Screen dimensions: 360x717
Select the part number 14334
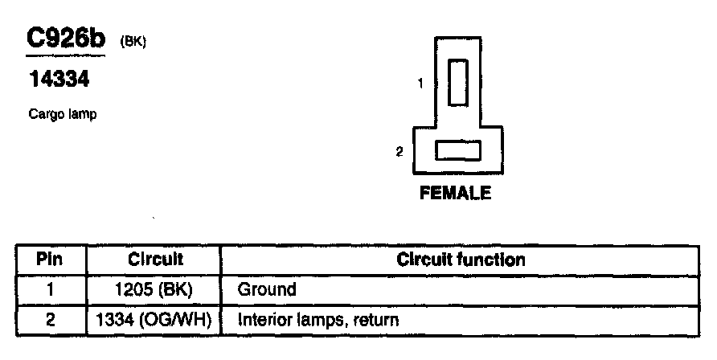[x=58, y=80]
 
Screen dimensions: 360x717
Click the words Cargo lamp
[x=62, y=115]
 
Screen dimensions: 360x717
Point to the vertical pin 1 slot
[x=457, y=82]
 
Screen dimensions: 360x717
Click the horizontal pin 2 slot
[x=457, y=150]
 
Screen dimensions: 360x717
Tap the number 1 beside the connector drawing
[x=420, y=82]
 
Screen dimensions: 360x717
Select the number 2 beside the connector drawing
[x=399, y=151]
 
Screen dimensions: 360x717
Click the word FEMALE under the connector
[x=455, y=194]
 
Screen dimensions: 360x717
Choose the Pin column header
[x=50, y=260]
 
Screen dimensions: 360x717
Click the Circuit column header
[x=156, y=260]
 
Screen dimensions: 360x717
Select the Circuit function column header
[x=461, y=260]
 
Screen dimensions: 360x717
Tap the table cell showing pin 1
[x=50, y=289]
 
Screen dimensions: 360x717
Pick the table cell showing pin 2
[x=50, y=320]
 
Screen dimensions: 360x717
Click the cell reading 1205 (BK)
[x=156, y=289]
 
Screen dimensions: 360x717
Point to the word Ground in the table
[x=268, y=289]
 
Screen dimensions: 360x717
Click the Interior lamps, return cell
[x=318, y=320]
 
